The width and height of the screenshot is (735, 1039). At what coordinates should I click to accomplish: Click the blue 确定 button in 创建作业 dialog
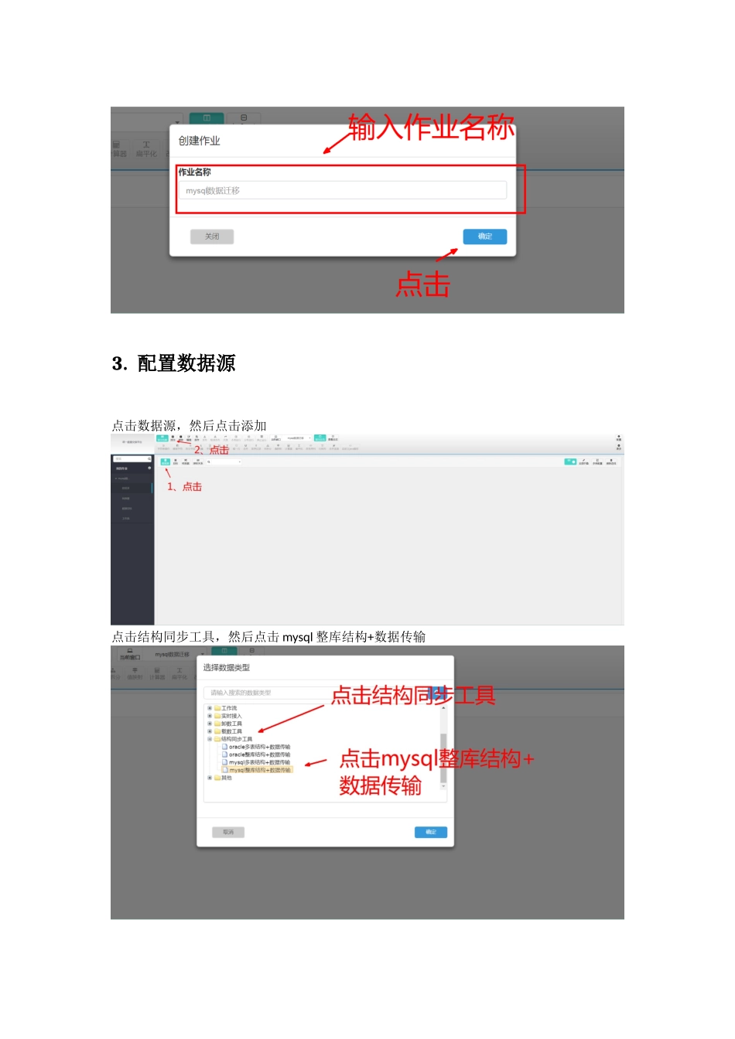pos(484,237)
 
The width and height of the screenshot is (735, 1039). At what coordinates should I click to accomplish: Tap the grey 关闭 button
pos(212,237)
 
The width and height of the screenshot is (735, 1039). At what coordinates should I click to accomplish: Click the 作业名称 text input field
pos(343,191)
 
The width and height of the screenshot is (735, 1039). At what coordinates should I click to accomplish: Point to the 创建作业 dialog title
pos(200,141)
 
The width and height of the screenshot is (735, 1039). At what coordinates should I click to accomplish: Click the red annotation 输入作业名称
pos(431,128)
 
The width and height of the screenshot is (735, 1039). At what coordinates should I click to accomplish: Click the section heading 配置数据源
pos(186,363)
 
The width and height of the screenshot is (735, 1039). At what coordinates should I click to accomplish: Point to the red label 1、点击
pos(185,487)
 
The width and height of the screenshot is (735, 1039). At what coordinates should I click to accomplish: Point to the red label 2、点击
pos(211,450)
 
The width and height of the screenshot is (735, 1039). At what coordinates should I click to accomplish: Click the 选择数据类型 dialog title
pos(227,668)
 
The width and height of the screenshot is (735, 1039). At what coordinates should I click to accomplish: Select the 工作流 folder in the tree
pos(229,708)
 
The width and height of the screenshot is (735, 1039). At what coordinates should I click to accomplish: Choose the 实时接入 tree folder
pos(231,716)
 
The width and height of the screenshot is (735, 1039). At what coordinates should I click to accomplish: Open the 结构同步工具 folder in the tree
pos(236,739)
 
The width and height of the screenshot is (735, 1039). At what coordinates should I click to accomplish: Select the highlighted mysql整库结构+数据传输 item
pos(259,770)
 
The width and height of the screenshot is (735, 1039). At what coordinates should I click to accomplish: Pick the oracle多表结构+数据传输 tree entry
pos(259,747)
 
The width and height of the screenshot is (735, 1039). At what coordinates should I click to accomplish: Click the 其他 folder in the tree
pos(226,778)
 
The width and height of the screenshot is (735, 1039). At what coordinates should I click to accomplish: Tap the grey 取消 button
pos(228,833)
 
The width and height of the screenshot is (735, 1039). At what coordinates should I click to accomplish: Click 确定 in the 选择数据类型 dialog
pos(431,833)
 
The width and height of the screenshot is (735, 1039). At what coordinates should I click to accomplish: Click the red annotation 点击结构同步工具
pos(412,696)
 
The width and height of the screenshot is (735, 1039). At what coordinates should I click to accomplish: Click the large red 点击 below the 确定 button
pos(423,285)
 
